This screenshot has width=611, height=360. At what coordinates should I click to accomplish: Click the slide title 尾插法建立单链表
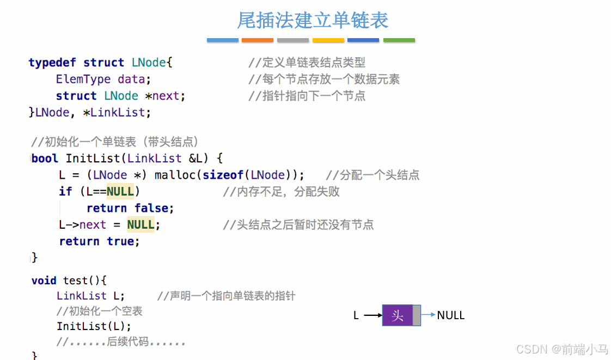tap(313, 20)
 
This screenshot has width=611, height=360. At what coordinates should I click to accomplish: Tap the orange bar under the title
tap(257, 40)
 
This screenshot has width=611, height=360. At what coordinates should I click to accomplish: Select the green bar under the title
tap(399, 40)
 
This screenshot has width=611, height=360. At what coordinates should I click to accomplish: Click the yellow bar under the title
tap(328, 40)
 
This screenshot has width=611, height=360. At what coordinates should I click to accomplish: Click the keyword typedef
tap(52, 63)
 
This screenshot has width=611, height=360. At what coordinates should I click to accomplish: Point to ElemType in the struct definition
tap(83, 80)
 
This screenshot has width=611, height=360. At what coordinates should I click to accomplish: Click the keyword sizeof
tap(223, 175)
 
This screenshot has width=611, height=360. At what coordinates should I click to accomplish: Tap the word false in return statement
tap(154, 208)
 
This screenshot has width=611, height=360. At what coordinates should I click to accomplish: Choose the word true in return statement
tap(123, 241)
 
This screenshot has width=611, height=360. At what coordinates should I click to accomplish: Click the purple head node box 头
tap(397, 315)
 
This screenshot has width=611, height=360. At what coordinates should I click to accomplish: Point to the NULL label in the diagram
tap(450, 315)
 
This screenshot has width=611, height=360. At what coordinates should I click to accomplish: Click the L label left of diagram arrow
tap(356, 315)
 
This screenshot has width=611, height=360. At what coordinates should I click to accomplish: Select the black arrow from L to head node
tap(372, 315)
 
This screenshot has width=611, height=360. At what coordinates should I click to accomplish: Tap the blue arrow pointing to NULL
tap(428, 314)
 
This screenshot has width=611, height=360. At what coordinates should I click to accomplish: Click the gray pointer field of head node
tap(417, 315)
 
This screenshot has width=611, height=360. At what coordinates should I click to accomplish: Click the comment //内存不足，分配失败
tap(281, 192)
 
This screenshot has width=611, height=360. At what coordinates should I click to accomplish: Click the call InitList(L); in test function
tap(94, 326)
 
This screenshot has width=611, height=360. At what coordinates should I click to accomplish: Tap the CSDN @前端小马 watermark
tap(562, 349)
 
